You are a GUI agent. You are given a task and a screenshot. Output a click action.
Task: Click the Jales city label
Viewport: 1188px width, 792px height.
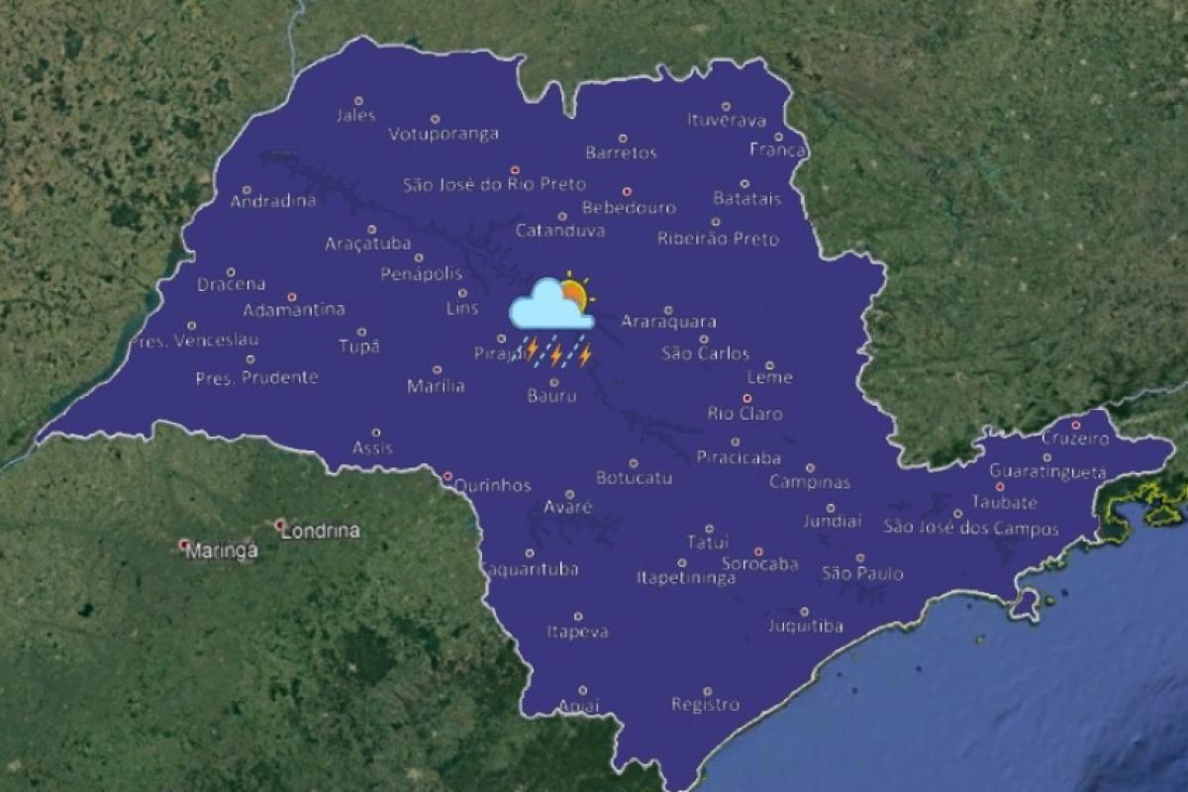[356, 116]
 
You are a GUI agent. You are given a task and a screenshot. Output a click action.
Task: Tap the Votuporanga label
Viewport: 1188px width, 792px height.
[443, 135]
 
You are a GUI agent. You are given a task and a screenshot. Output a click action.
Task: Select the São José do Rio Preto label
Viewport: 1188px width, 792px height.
[494, 184]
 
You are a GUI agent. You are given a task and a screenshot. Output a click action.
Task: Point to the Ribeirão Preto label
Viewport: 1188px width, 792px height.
[718, 239]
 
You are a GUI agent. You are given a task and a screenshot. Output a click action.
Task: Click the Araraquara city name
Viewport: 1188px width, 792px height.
[668, 322]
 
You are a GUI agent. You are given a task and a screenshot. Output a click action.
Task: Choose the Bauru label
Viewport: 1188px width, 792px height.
[551, 397]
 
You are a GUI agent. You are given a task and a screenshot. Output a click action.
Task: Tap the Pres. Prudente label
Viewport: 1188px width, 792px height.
[256, 377]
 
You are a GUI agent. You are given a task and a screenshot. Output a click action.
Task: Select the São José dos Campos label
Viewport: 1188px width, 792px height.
[971, 529]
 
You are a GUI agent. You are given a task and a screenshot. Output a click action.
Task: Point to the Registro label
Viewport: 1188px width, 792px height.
[705, 705]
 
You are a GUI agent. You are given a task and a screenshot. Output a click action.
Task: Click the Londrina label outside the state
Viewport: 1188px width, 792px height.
[321, 532]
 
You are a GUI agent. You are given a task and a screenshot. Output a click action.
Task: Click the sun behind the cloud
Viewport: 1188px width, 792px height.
[574, 293]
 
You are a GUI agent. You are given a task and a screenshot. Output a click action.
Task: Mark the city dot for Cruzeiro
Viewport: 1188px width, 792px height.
[1075, 425]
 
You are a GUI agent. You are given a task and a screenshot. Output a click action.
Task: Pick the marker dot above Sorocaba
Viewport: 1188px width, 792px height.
[758, 551]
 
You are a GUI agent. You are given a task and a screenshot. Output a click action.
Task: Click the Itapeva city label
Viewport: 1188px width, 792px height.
[577, 632]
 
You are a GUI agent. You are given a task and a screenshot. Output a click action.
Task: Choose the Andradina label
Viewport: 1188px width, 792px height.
[273, 202]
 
